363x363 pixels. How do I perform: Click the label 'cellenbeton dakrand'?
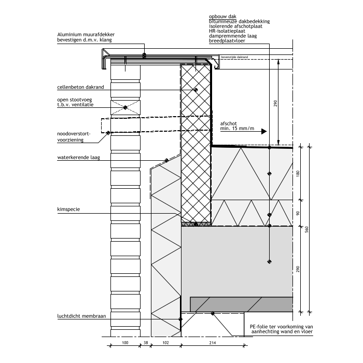pos(81,88)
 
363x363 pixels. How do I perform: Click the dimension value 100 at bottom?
pos(124,342)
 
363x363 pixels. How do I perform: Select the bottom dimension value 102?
pos(166,342)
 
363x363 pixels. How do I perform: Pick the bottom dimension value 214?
pos(213,342)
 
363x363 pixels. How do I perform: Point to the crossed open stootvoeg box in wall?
pos(125,107)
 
